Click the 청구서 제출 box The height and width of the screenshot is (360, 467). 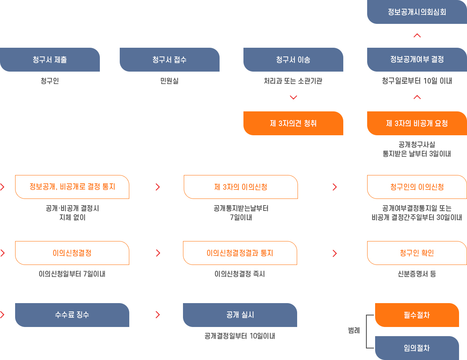[x=50, y=60]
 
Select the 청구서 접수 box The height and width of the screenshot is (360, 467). [x=169, y=60]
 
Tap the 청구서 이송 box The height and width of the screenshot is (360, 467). [x=293, y=60]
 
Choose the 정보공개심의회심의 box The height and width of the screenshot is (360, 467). [x=417, y=12]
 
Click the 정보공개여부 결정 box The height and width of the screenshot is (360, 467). [x=417, y=60]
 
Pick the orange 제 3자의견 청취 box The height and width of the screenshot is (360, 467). [x=293, y=123]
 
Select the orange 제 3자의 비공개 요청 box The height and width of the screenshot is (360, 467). [x=417, y=123]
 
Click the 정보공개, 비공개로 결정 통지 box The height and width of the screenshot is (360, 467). [x=72, y=187]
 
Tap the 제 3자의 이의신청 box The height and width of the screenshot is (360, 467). [x=241, y=187]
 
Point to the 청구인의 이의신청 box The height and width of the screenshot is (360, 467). [x=417, y=187]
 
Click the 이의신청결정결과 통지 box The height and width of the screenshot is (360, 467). [x=240, y=253]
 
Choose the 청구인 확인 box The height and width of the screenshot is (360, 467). [x=417, y=253]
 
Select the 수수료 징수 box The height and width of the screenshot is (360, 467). [x=72, y=315]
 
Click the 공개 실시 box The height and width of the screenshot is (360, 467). [x=240, y=315]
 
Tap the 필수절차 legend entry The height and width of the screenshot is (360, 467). [x=417, y=315]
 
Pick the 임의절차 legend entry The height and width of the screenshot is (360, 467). [x=417, y=348]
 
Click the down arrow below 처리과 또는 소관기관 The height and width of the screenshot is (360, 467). [x=294, y=97]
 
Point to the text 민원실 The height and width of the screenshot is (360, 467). [x=169, y=81]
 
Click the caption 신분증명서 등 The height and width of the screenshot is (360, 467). [x=417, y=274]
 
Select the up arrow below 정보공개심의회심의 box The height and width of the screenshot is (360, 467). [x=417, y=35]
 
